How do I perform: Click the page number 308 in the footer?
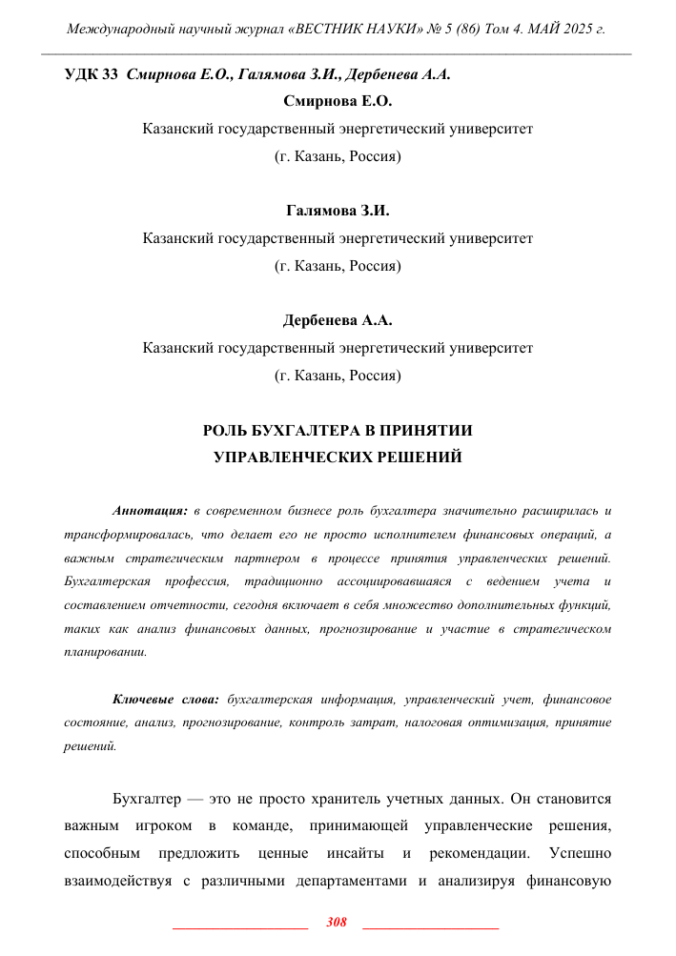(x=337, y=922)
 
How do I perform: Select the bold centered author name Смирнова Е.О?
(x=338, y=100)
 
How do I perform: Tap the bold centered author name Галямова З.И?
(x=338, y=211)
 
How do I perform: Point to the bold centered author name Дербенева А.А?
(x=338, y=320)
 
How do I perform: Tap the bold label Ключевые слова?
(x=166, y=700)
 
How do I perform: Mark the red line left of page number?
(x=240, y=925)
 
